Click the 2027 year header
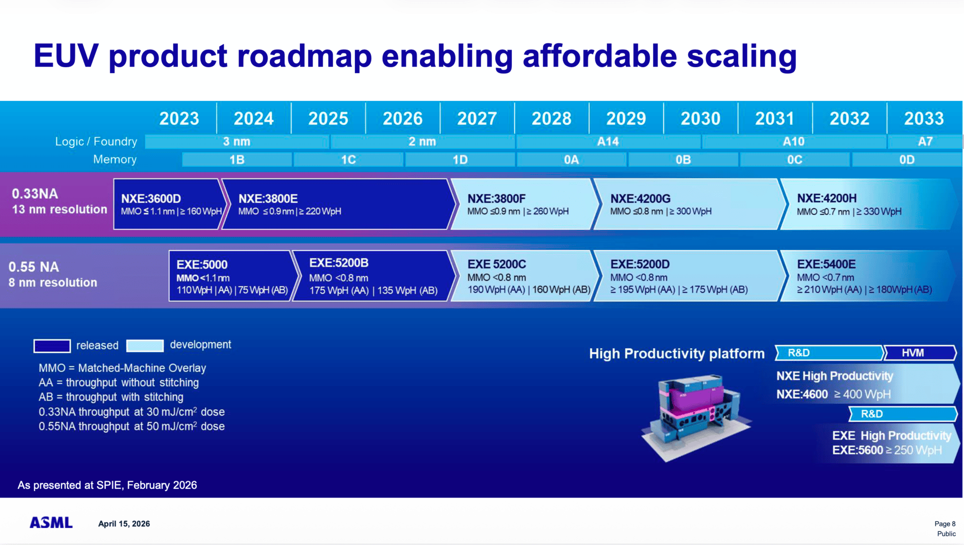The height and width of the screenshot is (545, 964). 476,119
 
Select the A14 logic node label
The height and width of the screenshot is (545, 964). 608,142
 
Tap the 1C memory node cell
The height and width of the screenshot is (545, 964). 348,160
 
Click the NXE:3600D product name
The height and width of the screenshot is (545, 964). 151,199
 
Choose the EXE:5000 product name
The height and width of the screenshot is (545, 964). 202,264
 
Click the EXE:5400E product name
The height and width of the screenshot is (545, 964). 826,264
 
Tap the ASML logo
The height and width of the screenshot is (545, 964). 51,523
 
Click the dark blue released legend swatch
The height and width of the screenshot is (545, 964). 52,346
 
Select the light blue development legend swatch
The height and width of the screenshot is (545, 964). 145,346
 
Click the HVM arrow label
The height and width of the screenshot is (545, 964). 913,353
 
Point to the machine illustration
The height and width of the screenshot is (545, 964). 696,416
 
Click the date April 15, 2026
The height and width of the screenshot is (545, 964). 124,524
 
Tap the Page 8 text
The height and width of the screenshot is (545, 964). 945,524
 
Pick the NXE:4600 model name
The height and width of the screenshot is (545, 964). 802,395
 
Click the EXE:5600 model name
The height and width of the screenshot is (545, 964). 857,450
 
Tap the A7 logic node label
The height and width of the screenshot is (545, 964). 925,142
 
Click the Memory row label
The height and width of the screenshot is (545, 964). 114,159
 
